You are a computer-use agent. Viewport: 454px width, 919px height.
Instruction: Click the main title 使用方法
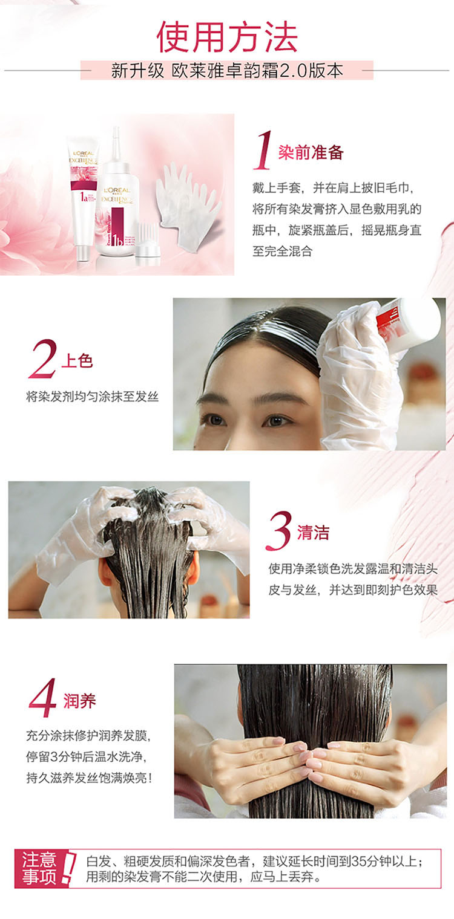coord(227,37)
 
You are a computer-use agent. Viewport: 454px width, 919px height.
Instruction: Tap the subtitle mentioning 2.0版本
coord(227,71)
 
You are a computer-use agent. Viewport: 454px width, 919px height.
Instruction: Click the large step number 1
coord(263,150)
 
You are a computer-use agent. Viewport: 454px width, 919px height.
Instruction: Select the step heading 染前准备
coord(311,152)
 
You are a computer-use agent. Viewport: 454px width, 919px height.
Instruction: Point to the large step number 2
coord(43,359)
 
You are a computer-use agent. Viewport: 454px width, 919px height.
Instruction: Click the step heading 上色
coord(77,361)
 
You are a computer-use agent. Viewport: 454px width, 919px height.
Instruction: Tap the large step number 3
coord(279,530)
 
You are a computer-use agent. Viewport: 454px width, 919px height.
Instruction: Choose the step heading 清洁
coord(313,533)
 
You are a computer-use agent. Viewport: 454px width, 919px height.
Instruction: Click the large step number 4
coord(43,698)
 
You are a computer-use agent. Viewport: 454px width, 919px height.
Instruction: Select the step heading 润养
coord(79,701)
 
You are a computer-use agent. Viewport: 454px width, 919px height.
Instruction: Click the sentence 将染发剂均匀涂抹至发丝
coord(92,397)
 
